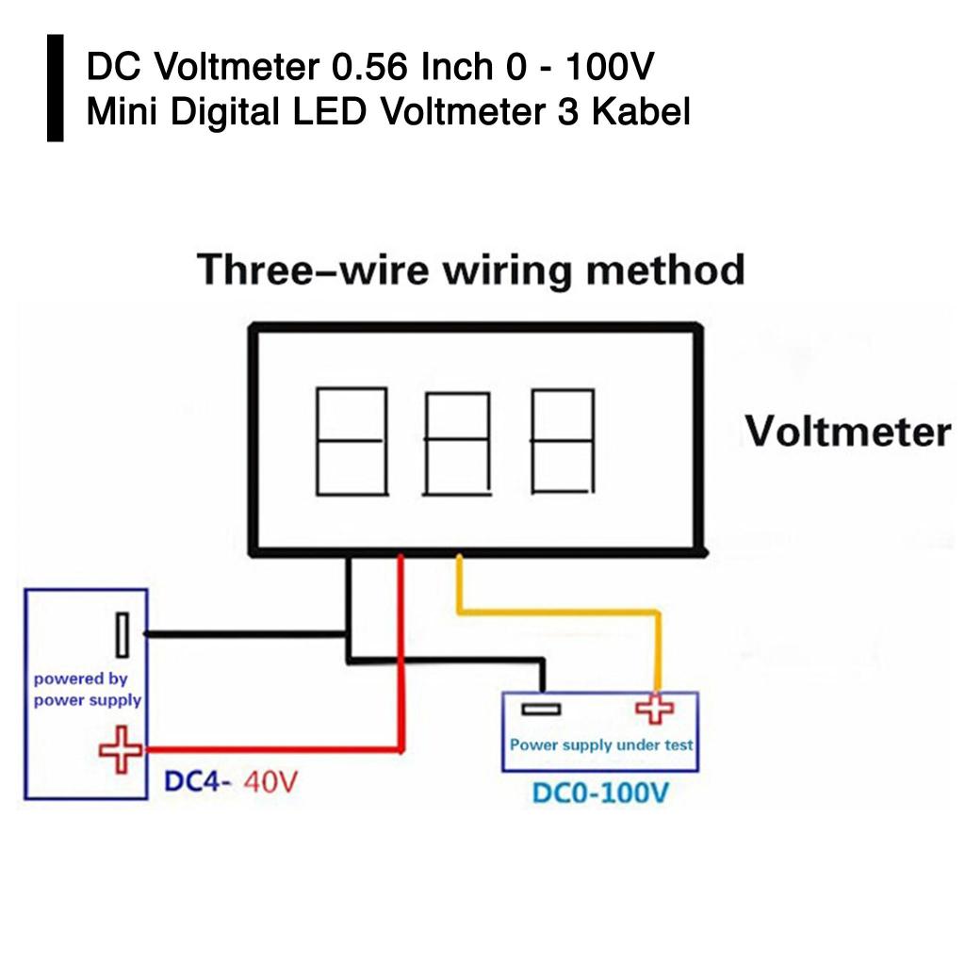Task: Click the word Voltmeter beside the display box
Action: [x=847, y=432]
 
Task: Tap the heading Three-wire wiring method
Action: [x=470, y=270]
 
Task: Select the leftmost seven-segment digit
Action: [x=351, y=441]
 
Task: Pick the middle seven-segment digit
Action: [x=457, y=443]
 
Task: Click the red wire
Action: [x=401, y=660]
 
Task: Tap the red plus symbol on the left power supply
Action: [x=122, y=750]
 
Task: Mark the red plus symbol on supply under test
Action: [x=655, y=709]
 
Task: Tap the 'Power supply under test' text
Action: [x=601, y=744]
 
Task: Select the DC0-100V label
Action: [x=600, y=793]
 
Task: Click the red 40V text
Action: [x=271, y=781]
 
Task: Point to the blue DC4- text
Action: [x=198, y=781]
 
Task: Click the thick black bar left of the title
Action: [x=56, y=88]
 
